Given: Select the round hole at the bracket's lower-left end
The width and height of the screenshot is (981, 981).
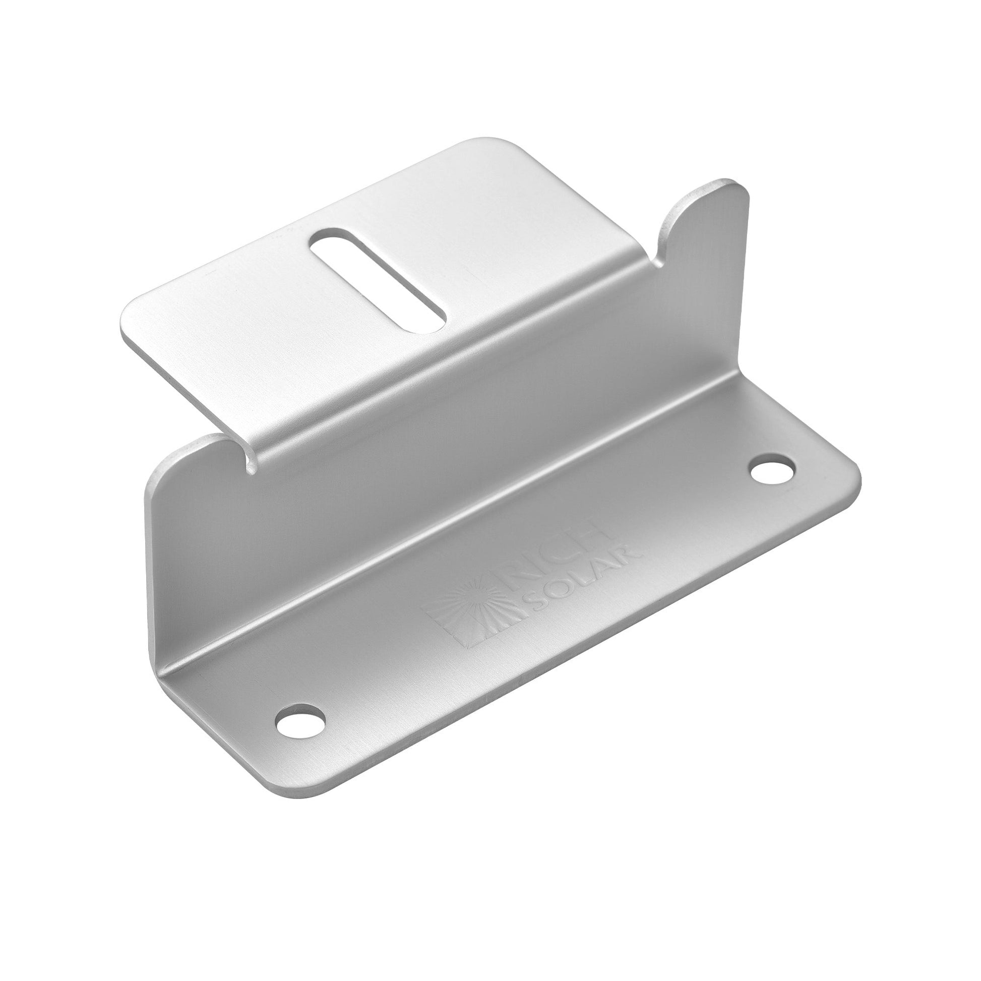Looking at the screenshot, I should tap(300, 722).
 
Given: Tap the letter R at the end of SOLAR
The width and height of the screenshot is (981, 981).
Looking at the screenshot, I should tap(632, 554).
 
